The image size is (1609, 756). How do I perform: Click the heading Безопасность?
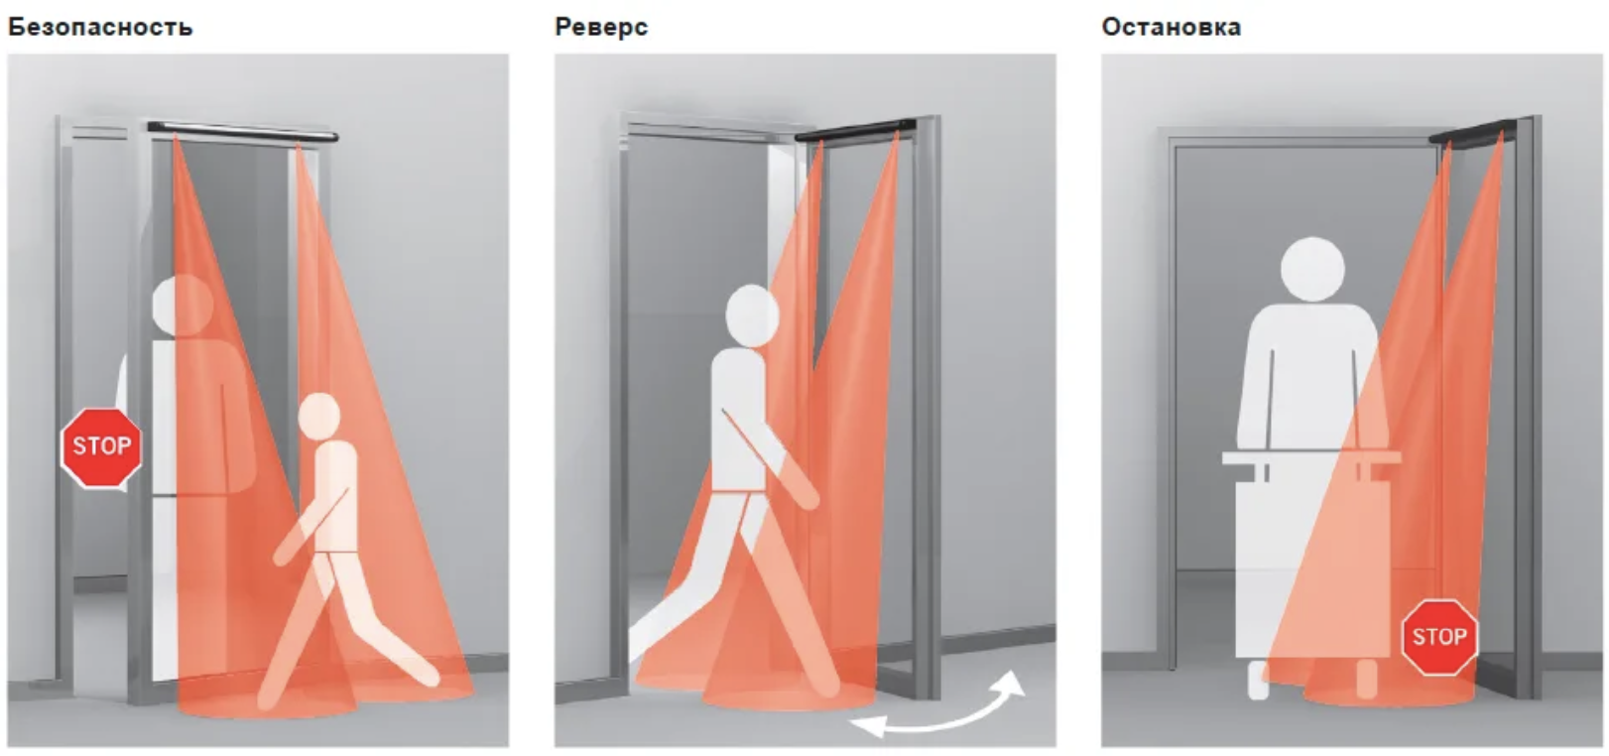tap(100, 28)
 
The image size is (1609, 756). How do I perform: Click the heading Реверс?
tap(601, 28)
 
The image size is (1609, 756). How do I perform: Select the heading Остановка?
tap(1171, 28)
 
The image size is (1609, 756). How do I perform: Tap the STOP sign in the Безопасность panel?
tap(101, 447)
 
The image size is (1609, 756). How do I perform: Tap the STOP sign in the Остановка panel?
tap(1439, 637)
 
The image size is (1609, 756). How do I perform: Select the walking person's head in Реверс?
tap(752, 315)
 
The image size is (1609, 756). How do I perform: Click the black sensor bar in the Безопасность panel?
tap(242, 132)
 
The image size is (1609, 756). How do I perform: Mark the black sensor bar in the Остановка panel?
tap(1472, 132)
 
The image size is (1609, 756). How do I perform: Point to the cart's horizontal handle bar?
tap(1311, 457)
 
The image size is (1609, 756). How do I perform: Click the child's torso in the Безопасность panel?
tap(335, 496)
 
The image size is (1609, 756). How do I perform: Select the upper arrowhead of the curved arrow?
tap(1012, 683)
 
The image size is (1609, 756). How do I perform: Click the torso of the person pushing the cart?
tap(1311, 377)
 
